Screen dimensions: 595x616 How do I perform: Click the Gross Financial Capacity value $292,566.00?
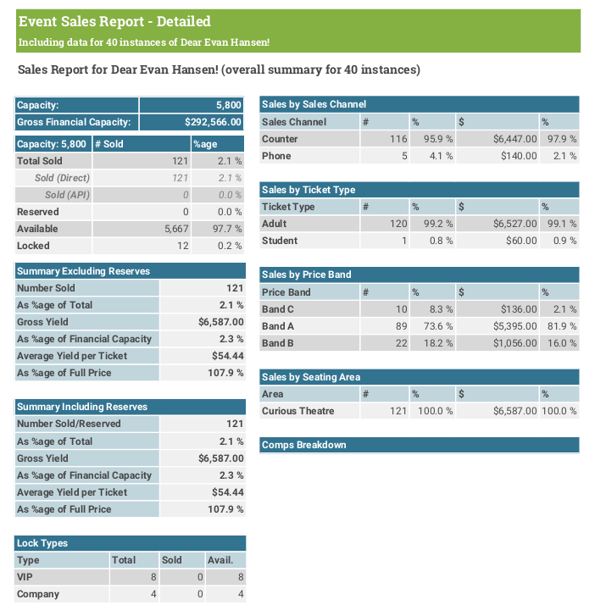tap(213, 122)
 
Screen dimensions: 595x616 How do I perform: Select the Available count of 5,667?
tap(176, 229)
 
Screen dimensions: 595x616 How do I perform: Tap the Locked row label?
tap(33, 246)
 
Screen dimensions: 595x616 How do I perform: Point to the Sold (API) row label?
tap(67, 195)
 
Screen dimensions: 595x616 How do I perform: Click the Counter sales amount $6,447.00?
tap(514, 139)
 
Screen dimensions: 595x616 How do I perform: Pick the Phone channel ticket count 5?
tap(404, 156)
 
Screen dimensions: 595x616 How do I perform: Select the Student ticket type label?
tap(280, 241)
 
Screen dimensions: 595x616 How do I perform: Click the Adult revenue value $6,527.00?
tap(514, 224)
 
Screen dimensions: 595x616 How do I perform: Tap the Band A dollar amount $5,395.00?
tap(514, 326)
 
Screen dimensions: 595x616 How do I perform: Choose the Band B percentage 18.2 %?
tap(438, 343)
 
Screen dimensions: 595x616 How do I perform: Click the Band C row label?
tap(278, 309)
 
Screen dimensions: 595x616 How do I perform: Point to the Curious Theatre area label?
tap(297, 411)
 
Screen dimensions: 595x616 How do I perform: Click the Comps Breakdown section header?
tap(303, 445)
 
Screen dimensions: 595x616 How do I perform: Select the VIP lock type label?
tap(25, 577)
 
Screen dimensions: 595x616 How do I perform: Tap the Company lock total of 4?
tap(153, 594)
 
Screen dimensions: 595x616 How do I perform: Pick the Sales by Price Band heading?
tap(307, 275)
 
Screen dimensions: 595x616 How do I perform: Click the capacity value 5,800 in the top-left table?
tap(228, 105)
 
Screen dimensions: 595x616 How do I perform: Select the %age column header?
tap(205, 144)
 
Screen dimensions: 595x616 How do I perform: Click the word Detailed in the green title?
tap(184, 21)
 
